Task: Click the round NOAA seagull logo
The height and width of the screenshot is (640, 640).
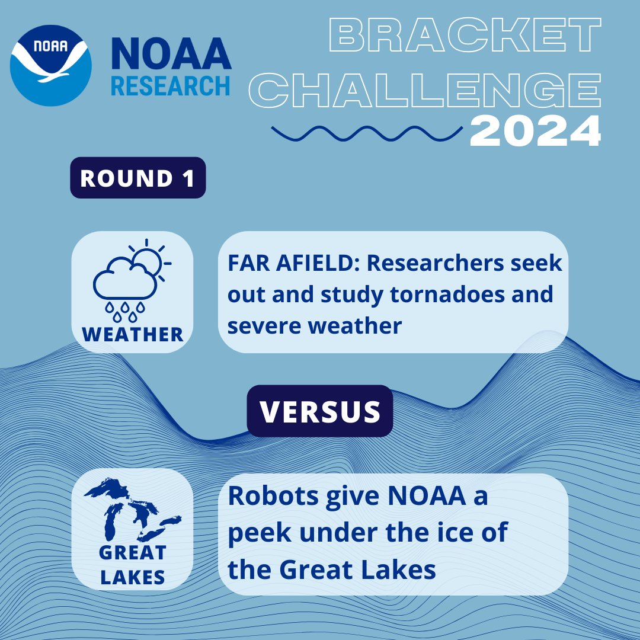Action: click(52, 65)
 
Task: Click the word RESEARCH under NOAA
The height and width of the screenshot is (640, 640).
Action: click(171, 85)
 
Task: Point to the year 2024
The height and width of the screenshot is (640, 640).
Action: click(535, 132)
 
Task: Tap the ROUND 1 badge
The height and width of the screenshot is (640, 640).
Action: click(137, 178)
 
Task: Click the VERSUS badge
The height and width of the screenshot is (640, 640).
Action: click(320, 411)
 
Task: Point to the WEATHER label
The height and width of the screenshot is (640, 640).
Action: click(133, 334)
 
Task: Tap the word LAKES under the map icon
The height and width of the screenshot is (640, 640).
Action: click(133, 576)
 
